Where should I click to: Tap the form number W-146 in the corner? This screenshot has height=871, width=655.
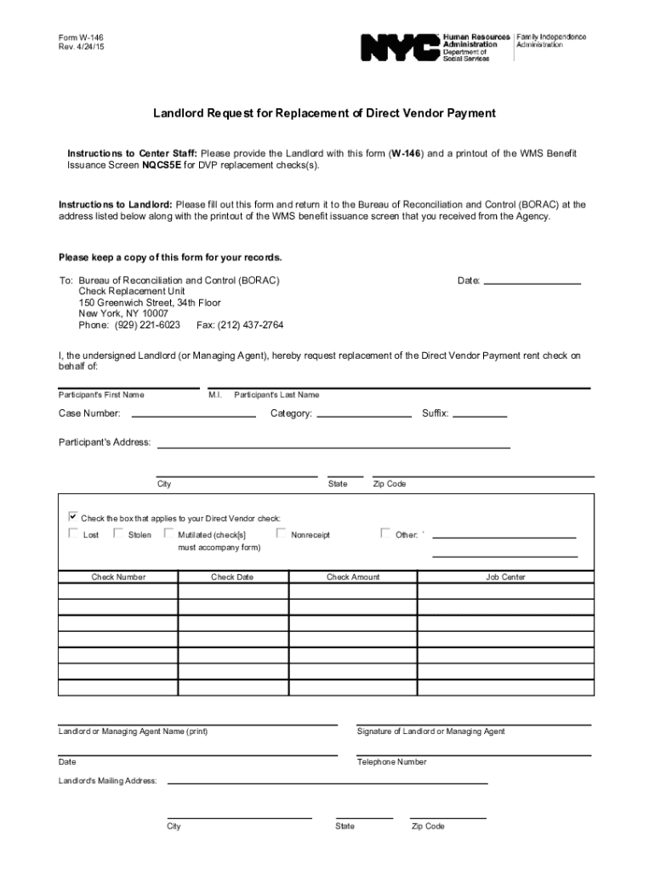coord(82,38)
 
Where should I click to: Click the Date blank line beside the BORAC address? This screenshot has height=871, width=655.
coord(532,281)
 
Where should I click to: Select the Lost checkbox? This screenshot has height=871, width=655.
coord(73,534)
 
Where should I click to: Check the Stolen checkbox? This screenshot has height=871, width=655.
coord(118,534)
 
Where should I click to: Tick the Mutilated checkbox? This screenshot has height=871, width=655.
coord(168,534)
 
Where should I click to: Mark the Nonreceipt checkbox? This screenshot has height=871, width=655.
coord(281,534)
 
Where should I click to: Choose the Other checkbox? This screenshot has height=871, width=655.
coord(385,534)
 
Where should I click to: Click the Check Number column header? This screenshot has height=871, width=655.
coord(118,578)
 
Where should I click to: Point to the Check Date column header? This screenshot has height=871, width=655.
coord(232,578)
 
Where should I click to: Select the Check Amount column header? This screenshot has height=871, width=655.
coord(353,578)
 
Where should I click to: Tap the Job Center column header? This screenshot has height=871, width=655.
coord(505,578)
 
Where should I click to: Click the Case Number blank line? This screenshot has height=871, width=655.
coord(194,416)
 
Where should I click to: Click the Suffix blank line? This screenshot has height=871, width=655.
coord(480,416)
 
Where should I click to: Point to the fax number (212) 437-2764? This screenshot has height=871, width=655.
coord(240,325)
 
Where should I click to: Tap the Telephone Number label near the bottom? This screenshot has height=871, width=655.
coord(391,762)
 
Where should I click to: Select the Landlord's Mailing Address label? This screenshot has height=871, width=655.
coord(107,781)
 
